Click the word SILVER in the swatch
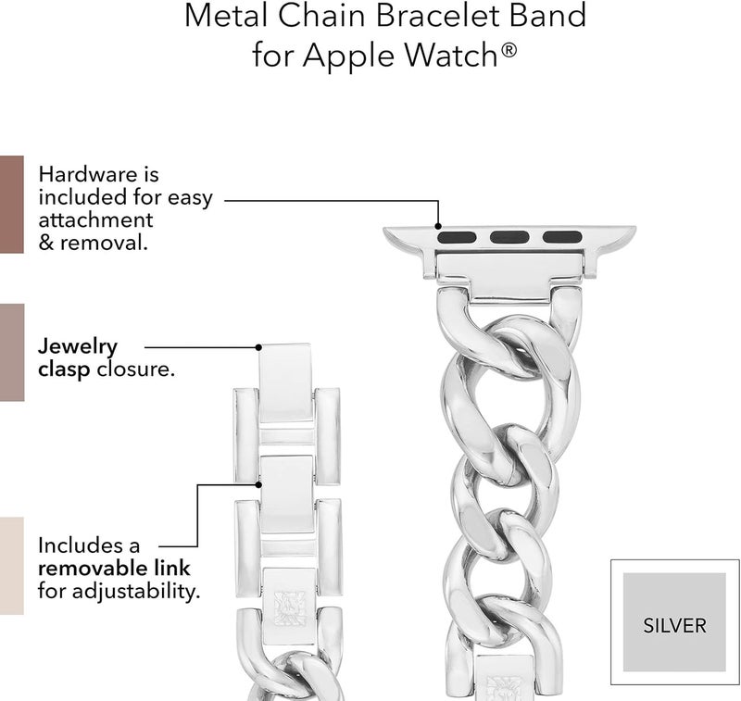click(x=674, y=626)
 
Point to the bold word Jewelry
click(x=78, y=347)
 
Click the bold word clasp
click(x=64, y=369)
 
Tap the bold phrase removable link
click(x=114, y=569)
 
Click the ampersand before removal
click(x=45, y=243)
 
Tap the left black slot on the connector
click(x=457, y=237)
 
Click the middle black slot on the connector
click(x=509, y=237)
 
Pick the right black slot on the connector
click(x=562, y=237)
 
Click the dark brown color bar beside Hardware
click(x=12, y=204)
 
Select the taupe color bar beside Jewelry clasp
click(x=12, y=353)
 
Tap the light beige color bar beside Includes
click(x=12, y=566)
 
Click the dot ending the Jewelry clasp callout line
click(x=258, y=347)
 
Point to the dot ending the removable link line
click(x=258, y=484)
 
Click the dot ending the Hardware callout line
click(x=438, y=226)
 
